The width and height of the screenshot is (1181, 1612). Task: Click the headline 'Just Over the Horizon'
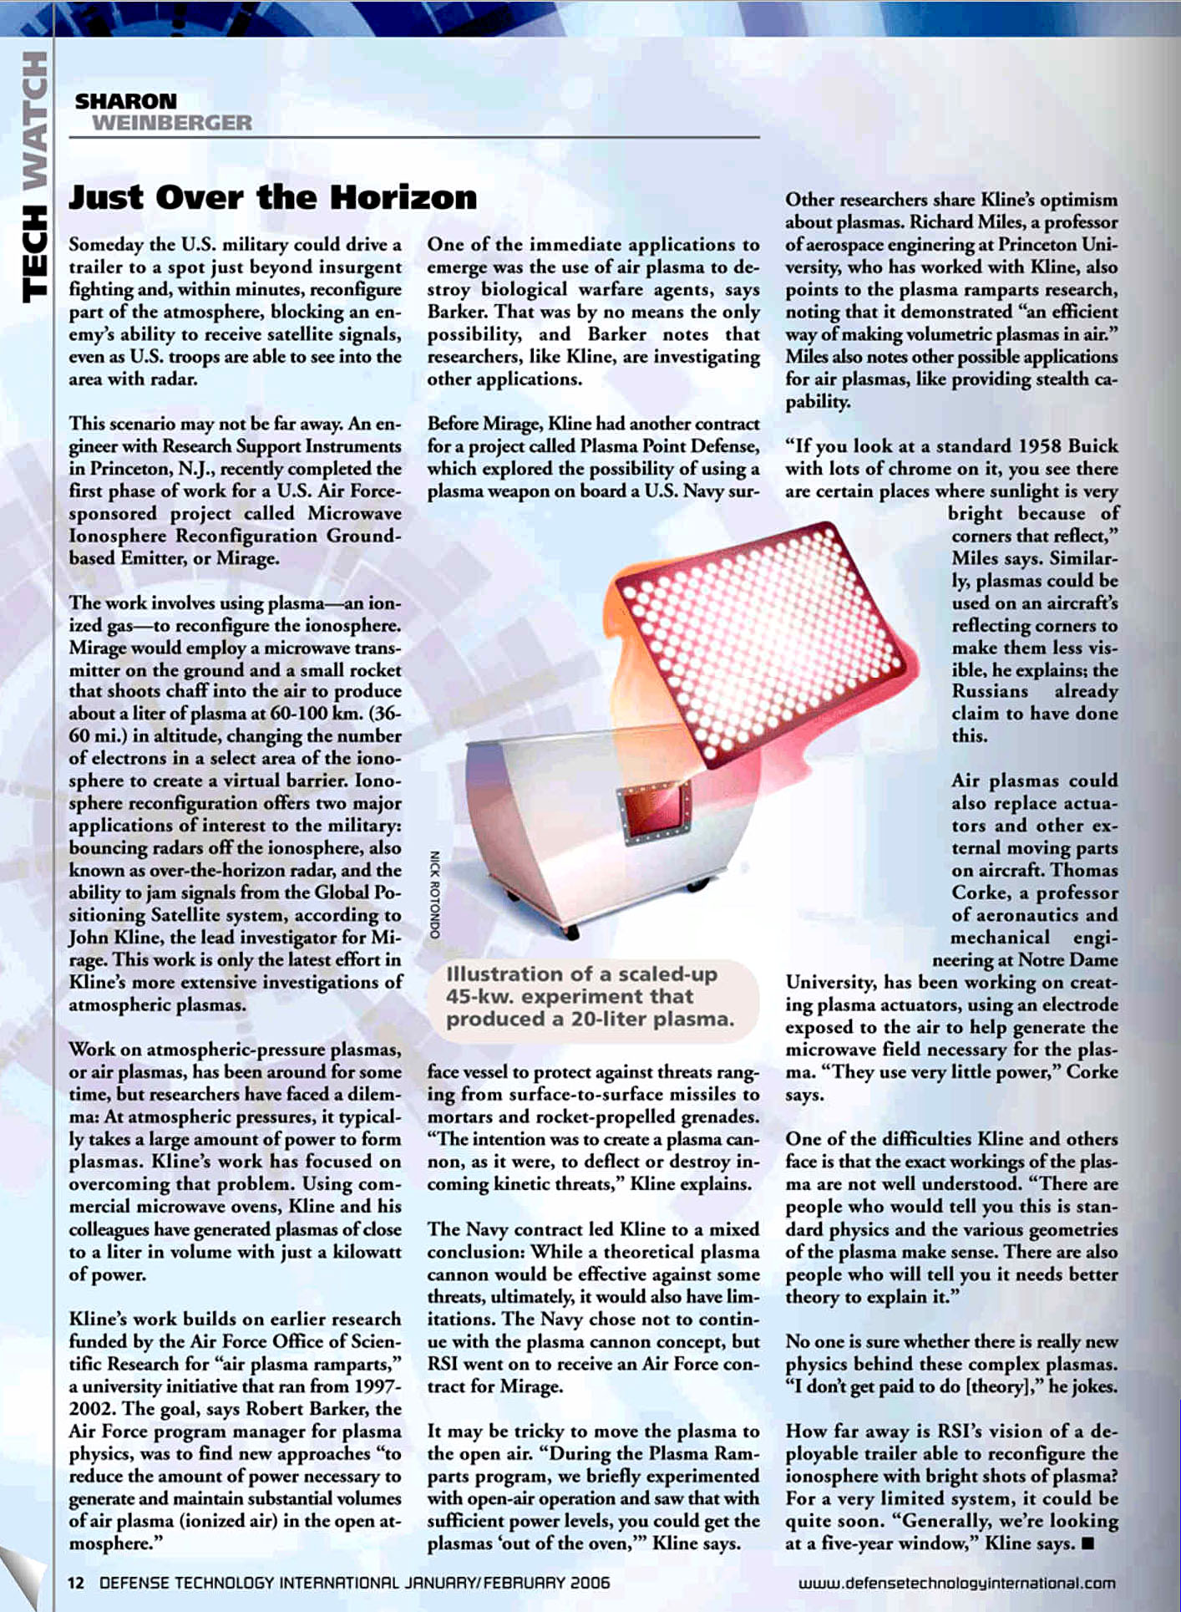click(272, 198)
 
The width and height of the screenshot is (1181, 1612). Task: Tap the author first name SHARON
click(125, 101)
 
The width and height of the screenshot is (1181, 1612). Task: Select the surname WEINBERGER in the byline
click(171, 123)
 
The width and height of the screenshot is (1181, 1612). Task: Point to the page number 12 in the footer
click(75, 1583)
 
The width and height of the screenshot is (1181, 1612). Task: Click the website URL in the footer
click(956, 1583)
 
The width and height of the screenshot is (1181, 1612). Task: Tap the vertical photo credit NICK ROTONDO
click(434, 893)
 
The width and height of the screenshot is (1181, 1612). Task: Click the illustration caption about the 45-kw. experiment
click(590, 996)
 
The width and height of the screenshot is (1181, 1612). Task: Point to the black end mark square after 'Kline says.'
click(1087, 1543)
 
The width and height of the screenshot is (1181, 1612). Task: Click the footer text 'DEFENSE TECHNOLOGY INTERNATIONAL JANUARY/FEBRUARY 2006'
click(354, 1583)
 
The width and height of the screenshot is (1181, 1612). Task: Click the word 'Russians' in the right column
click(990, 691)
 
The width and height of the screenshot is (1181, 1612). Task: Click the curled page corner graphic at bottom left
click(23, 1575)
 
